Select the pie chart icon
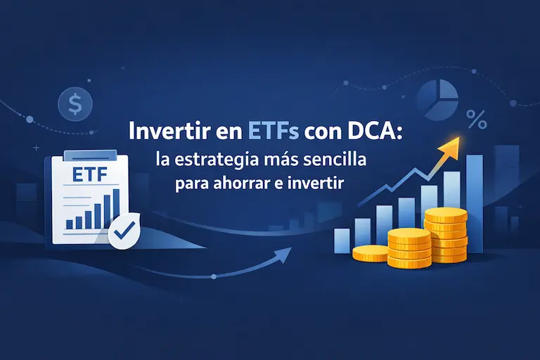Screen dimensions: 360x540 pos(437,97)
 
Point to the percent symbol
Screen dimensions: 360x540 pos(477,121)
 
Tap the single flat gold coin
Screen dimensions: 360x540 pos(370,252)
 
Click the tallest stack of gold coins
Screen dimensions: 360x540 pos(446,236)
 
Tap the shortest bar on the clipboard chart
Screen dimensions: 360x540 pos(70,224)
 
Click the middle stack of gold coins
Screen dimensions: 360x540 pos(409,248)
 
